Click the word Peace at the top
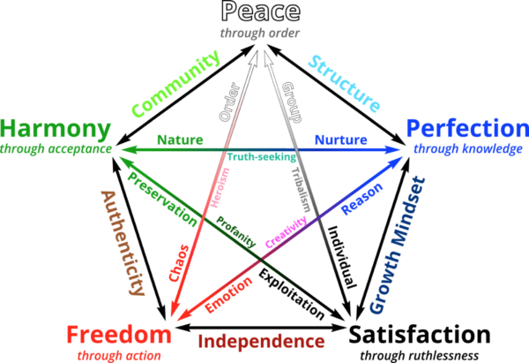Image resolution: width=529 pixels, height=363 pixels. pos(260,11)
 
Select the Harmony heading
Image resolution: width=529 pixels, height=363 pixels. pos(56,130)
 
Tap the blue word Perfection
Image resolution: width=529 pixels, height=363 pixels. pos(468,130)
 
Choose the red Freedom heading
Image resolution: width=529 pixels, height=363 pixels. pos(119,335)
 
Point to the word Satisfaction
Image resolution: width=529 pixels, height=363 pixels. pos(420,335)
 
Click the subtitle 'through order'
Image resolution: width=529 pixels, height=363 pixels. pos(260,34)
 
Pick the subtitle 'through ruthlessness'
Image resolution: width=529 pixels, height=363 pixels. pos(420,356)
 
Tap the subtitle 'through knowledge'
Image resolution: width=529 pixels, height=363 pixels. pos(468,148)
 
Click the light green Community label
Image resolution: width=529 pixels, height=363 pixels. pos(175,83)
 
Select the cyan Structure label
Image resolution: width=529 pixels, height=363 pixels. pos(345,84)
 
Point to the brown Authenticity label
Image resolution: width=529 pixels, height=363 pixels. pos(123,243)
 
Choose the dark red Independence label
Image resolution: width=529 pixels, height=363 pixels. pos(261,342)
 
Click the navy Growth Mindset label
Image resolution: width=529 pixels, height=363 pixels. pos(398,245)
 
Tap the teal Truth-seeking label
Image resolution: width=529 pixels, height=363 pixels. pos(262,157)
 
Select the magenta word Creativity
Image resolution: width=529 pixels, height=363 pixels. pos(286,232)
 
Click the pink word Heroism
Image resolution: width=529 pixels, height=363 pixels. pos(220,188)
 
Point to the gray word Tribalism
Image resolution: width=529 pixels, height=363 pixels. pos(301,189)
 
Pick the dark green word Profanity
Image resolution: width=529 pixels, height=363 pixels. pos(235,232)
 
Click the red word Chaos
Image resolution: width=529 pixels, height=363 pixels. pos(179,263)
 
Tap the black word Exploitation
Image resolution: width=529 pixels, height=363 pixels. pos(292,294)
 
